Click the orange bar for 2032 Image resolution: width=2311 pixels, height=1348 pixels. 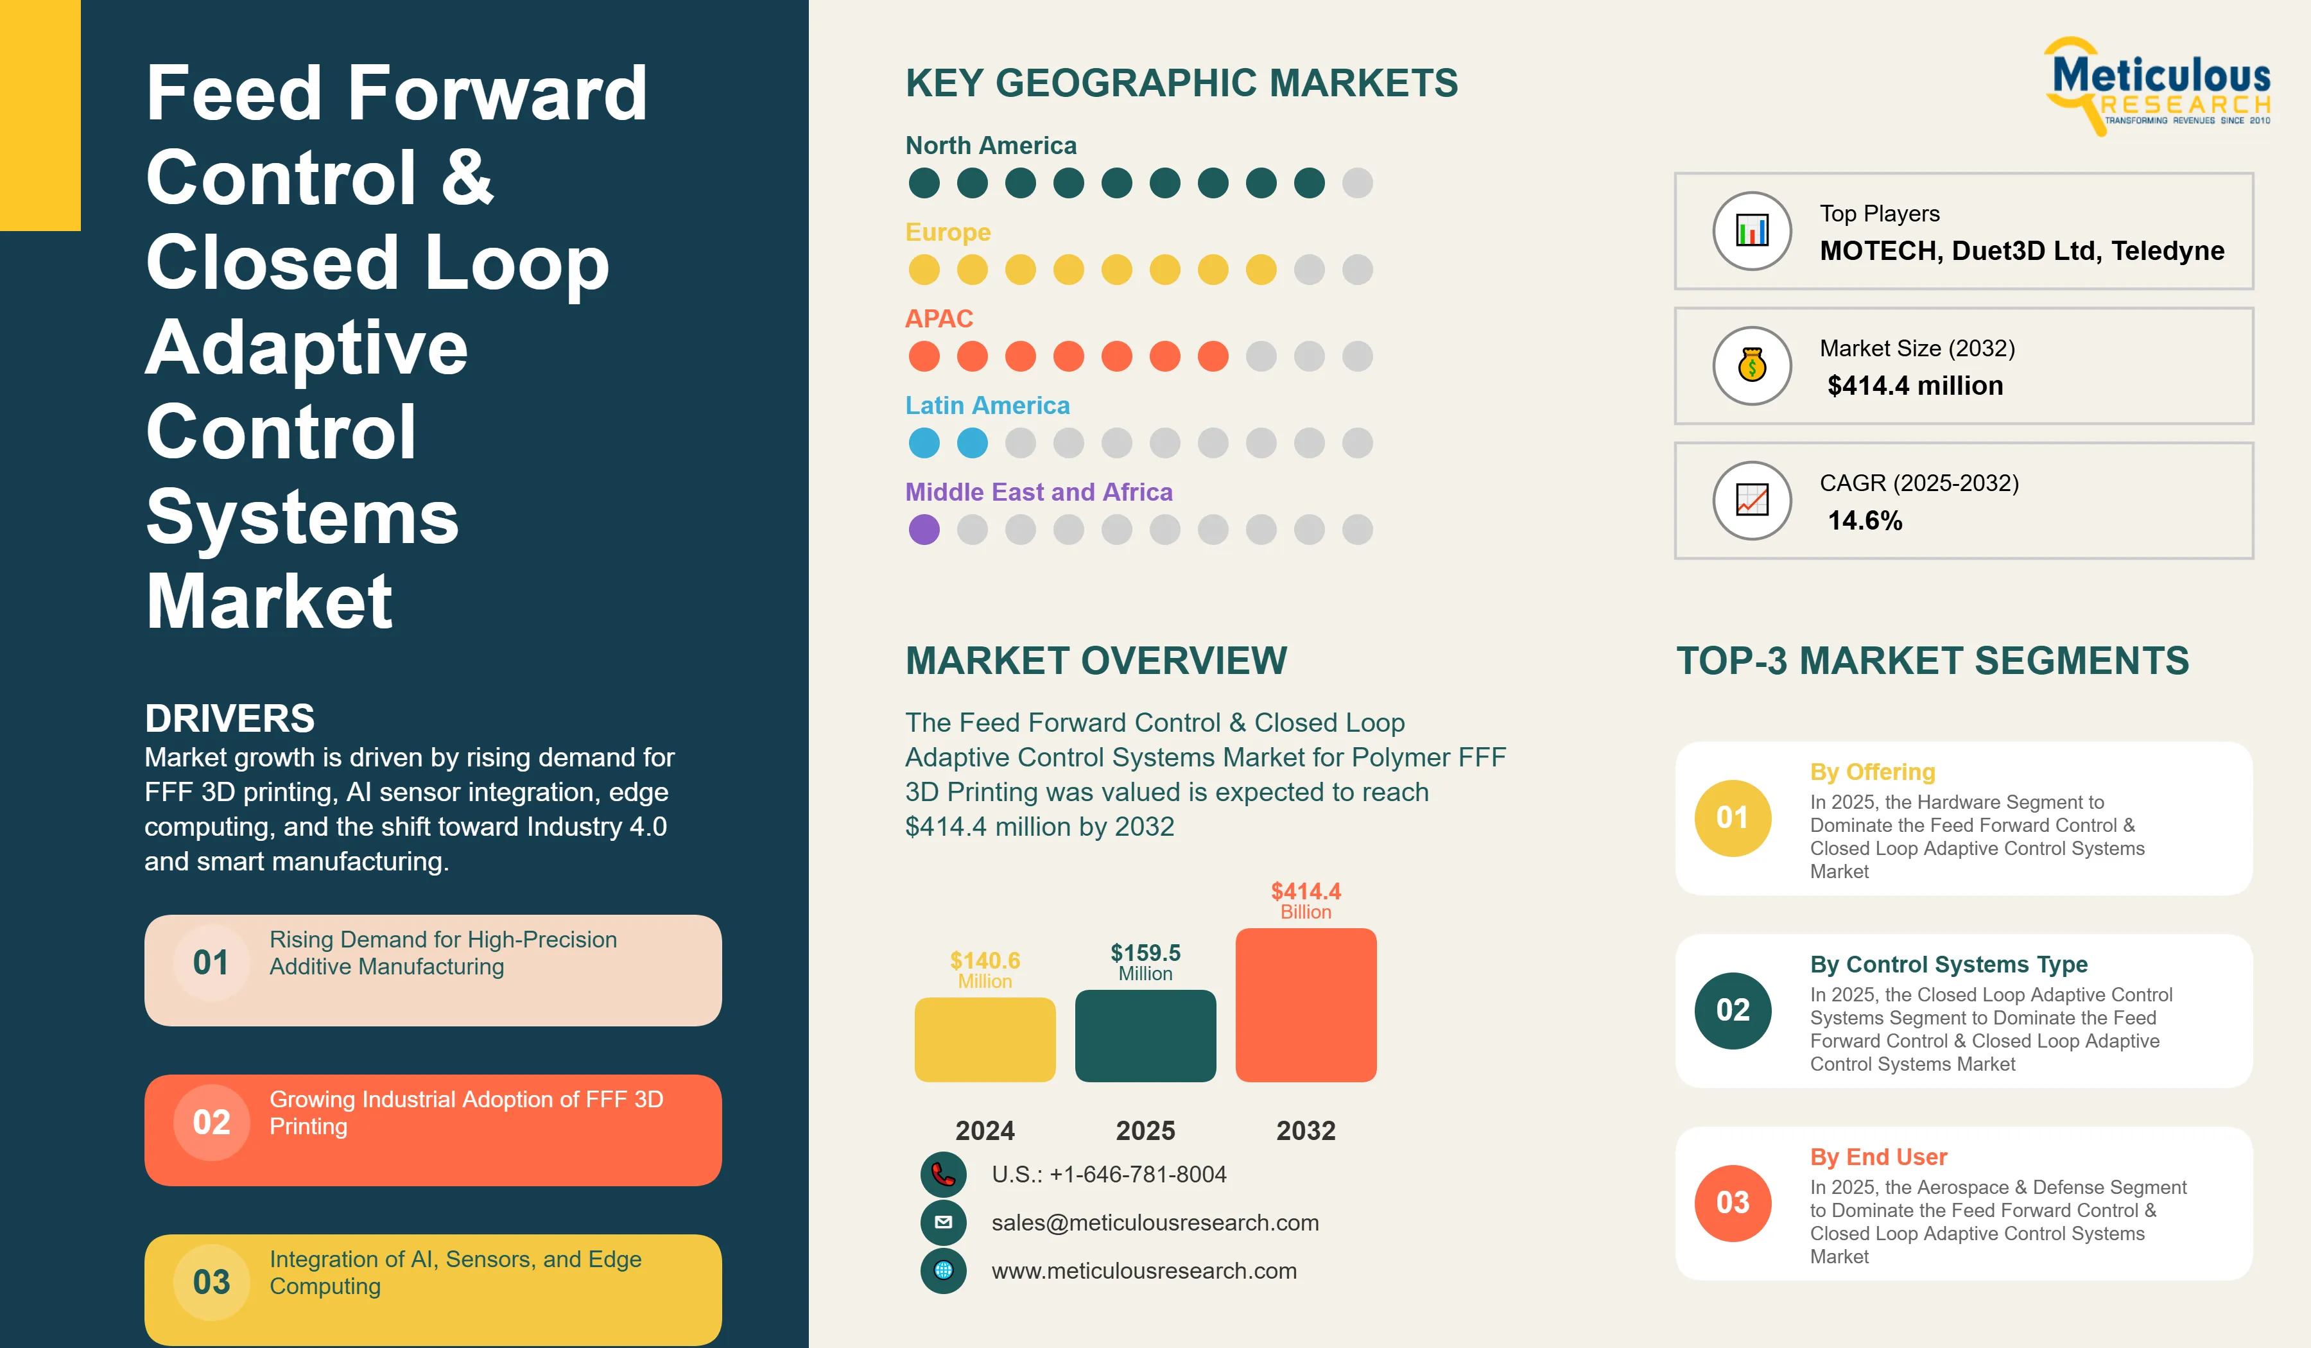point(1306,1005)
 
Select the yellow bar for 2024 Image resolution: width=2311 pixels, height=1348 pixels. point(985,1040)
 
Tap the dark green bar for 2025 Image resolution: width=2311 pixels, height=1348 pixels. point(1145,1036)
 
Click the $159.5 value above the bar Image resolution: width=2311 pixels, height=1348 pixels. point(1145,953)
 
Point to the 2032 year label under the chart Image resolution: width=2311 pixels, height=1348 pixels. point(1306,1130)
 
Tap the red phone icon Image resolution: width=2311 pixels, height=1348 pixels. point(943,1175)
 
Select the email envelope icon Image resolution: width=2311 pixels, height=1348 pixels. point(943,1222)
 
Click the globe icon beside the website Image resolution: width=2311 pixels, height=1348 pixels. point(943,1271)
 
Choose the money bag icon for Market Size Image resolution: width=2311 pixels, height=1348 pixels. point(1752,366)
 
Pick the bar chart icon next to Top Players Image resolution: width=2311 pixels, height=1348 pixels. point(1752,230)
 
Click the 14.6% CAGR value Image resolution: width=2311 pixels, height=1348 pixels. point(1864,520)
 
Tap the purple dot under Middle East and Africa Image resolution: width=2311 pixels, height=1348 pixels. point(924,529)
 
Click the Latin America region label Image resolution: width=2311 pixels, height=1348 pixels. point(987,405)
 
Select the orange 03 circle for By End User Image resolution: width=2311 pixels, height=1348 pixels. point(1733,1203)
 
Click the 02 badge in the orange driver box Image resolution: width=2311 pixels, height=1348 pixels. point(211,1123)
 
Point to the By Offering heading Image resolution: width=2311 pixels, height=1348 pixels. point(1872,772)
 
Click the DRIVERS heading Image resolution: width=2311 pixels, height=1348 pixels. point(229,718)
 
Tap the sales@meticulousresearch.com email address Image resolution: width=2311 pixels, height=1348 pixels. point(1155,1222)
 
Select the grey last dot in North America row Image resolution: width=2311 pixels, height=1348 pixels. point(1357,182)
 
